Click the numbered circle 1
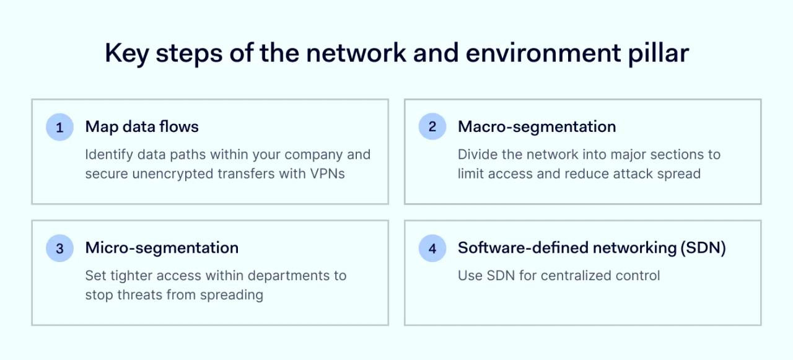(x=59, y=128)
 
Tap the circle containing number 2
(x=432, y=128)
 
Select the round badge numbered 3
(x=59, y=248)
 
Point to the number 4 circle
(x=432, y=248)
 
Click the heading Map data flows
(x=142, y=127)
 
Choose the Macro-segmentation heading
(x=537, y=127)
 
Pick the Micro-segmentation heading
(x=162, y=248)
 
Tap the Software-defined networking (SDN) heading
(x=592, y=248)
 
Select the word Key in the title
(x=127, y=53)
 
